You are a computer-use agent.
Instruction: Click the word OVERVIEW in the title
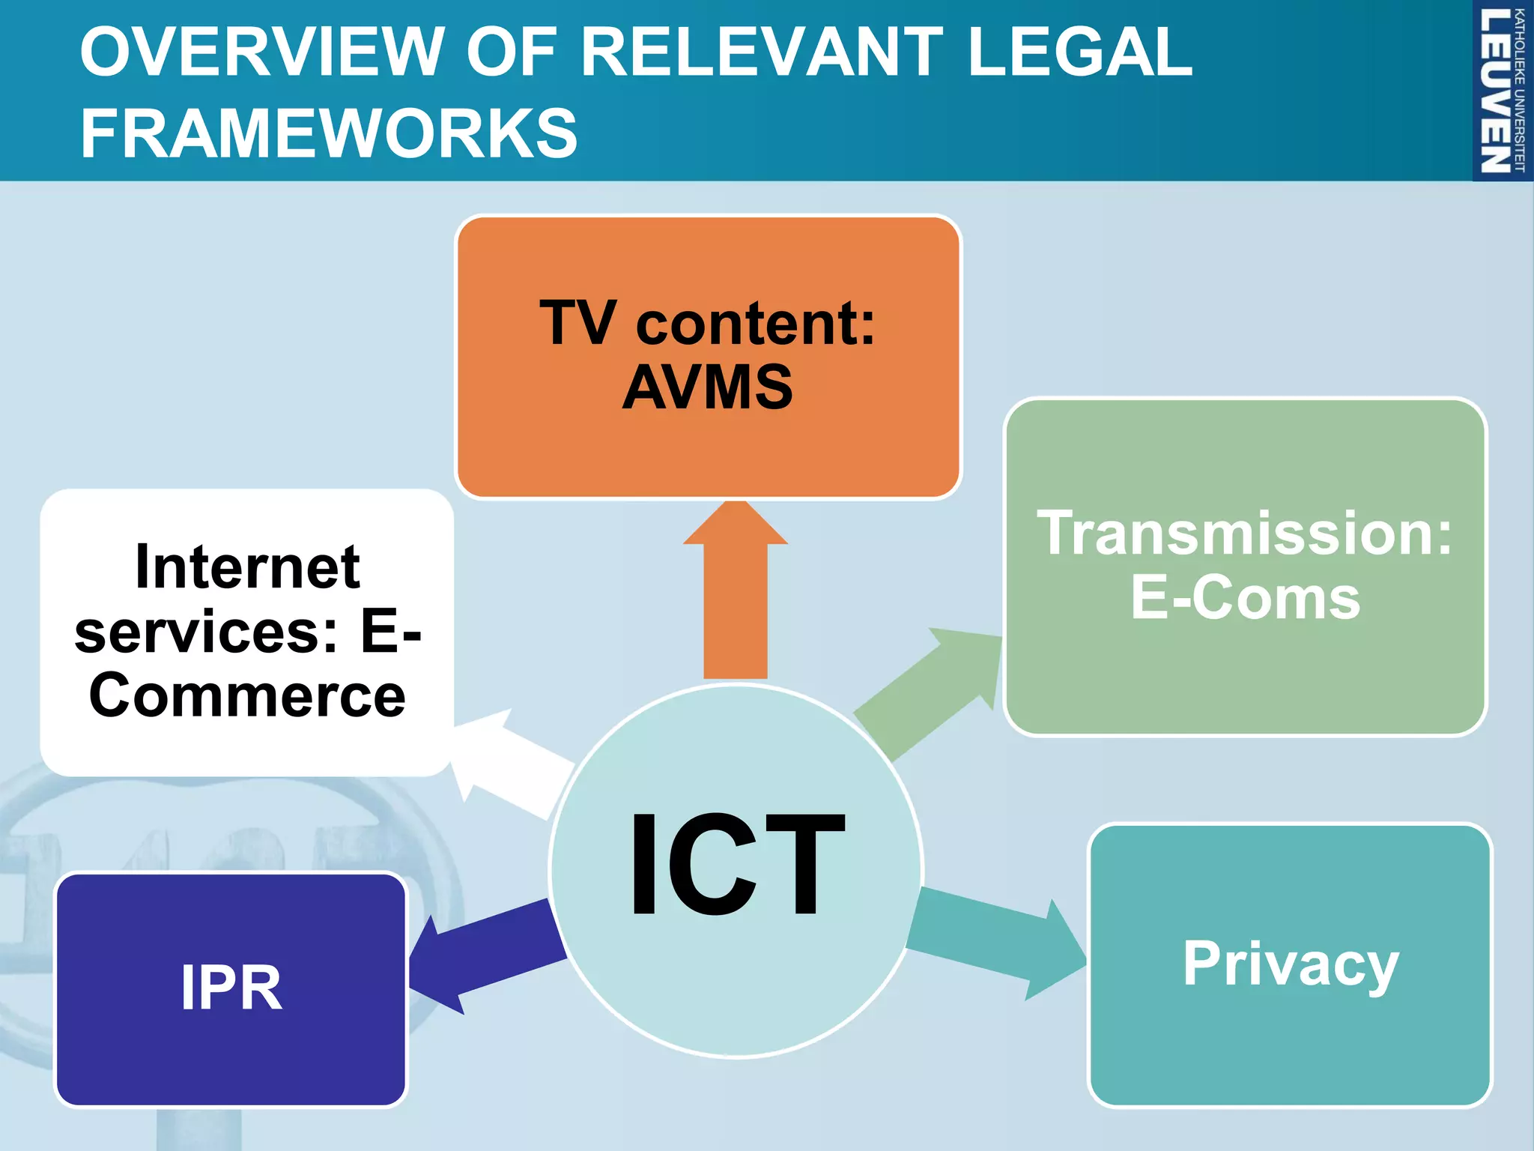262,52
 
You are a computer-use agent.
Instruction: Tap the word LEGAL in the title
1079,52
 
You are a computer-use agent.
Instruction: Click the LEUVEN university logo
1501,90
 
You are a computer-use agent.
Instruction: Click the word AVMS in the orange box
707,387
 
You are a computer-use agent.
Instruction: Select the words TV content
707,324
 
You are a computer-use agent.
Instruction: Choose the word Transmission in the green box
1245,534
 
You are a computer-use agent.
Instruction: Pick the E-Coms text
1245,598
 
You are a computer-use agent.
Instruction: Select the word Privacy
1290,964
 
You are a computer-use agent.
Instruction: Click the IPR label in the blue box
231,988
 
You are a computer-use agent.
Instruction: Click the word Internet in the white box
247,567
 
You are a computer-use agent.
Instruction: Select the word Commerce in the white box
247,696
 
